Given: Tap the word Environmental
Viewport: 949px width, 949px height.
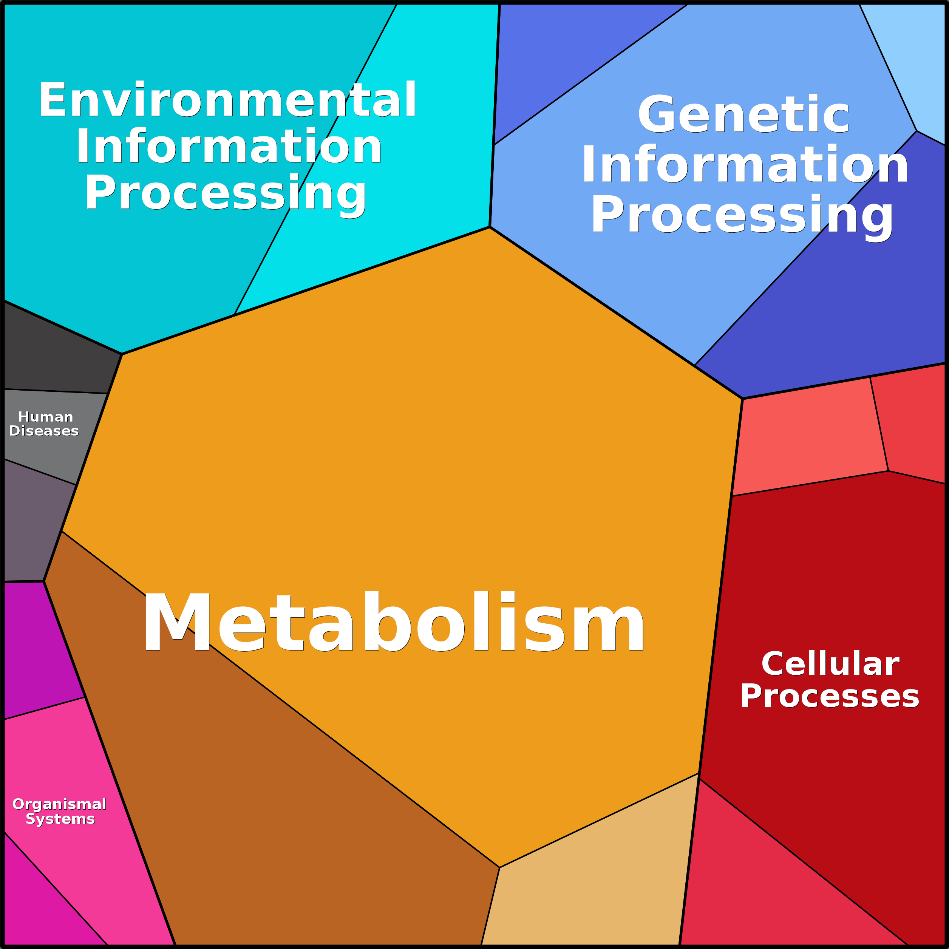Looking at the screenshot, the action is (x=227, y=100).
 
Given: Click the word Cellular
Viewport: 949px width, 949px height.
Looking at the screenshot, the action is (x=830, y=664).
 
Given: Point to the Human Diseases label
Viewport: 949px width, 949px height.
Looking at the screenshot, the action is (x=44, y=424).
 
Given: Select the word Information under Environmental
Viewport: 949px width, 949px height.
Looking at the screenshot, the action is (x=229, y=146).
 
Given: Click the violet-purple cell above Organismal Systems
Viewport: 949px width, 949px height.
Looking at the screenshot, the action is (x=39, y=648).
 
